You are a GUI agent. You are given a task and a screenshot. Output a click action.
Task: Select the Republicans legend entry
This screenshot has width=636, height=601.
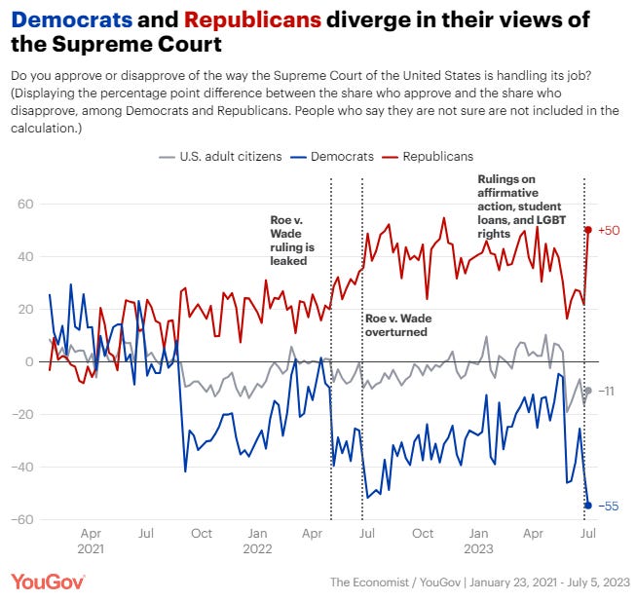tap(437, 156)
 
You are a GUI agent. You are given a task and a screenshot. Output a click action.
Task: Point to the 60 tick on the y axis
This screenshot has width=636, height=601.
tap(25, 205)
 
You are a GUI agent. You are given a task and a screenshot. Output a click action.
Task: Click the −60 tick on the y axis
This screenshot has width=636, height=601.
tap(22, 519)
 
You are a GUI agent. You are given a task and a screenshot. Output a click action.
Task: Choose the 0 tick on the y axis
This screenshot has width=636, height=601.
tap(29, 361)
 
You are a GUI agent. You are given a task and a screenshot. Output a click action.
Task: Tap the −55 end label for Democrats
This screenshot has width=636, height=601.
tap(608, 505)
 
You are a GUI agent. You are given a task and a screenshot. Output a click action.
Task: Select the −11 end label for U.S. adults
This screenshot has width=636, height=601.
tap(607, 391)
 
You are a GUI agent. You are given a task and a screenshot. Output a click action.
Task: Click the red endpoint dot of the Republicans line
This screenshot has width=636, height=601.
tap(588, 230)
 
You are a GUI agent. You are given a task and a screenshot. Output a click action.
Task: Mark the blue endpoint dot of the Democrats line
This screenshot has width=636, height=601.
tap(588, 505)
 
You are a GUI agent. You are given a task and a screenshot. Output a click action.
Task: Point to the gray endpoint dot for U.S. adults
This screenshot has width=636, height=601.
tap(588, 391)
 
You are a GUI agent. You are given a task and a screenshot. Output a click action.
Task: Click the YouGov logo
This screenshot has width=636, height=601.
tap(49, 582)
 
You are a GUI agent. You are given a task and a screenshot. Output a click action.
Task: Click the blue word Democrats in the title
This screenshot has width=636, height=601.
tap(73, 20)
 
